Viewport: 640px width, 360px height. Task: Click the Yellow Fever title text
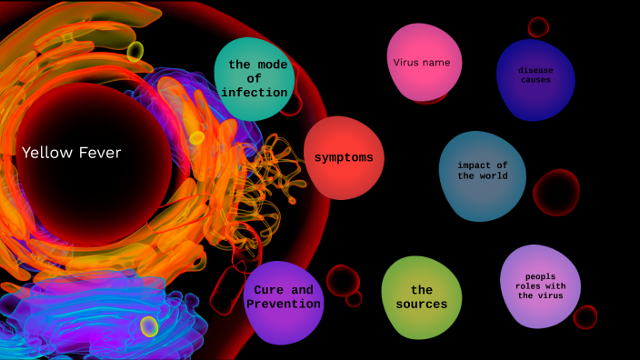coord(71,153)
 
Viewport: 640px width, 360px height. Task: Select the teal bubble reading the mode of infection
coord(256,78)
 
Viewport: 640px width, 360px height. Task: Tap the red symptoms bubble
coord(344,157)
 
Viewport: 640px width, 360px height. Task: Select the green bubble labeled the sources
coord(421,297)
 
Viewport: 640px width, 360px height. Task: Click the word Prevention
coord(284,305)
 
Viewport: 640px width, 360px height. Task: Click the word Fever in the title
coord(98,153)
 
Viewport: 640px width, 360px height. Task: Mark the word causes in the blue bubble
coord(535,80)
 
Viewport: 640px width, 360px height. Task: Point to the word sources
coord(421,305)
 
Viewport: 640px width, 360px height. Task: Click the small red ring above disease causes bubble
coord(538,26)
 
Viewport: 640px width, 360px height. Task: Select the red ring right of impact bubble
coord(555,193)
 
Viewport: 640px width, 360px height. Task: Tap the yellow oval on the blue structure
coord(149,326)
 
